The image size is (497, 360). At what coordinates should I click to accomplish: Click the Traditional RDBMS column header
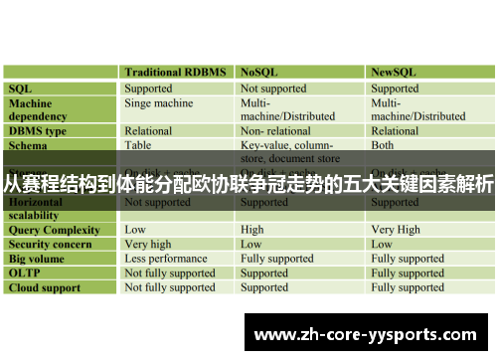coord(175,74)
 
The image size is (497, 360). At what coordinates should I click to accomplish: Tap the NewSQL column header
coord(395,74)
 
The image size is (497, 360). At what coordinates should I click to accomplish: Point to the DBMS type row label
coord(38,131)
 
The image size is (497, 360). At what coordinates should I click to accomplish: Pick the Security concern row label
coord(50,245)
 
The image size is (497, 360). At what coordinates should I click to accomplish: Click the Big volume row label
coord(38,259)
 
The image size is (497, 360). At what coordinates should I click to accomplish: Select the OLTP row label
coord(26,273)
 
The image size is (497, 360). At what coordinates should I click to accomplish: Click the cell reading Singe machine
coord(158,103)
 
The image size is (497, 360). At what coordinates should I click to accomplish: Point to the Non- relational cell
coord(277,131)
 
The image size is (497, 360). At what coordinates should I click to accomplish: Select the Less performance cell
coord(166,259)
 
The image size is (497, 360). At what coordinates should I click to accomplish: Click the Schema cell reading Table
coord(137,145)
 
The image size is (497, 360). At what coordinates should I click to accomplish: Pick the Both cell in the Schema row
coord(384,145)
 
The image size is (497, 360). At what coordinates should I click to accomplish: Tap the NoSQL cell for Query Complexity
coord(252,230)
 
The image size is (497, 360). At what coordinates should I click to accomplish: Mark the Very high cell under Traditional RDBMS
coord(148,245)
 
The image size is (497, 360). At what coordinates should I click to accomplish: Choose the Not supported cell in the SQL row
coord(273,89)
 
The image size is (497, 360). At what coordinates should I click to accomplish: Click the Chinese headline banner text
coord(248,183)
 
